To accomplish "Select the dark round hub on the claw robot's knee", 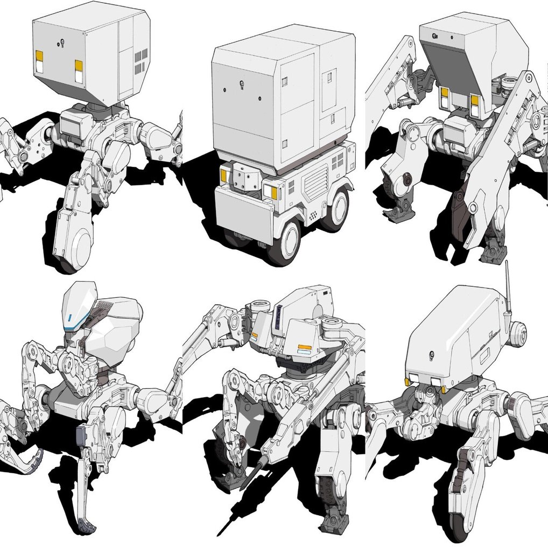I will click(408, 179).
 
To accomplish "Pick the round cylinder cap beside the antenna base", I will click(518, 333).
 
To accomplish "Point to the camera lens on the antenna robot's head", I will click(431, 354).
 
